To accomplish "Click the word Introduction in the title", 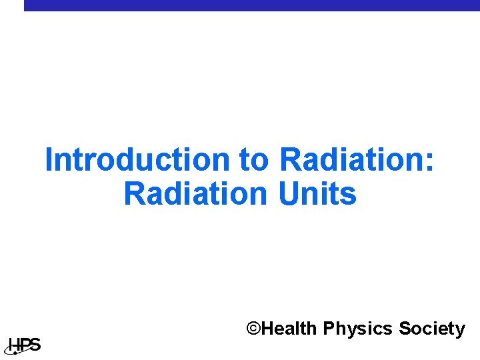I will [x=137, y=160].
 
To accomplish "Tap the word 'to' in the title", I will [x=254, y=160].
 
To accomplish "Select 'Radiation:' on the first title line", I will [x=357, y=160].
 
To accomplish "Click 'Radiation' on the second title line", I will [x=194, y=194].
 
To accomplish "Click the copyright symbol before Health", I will [x=253, y=329].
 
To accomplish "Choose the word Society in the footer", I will [x=432, y=329].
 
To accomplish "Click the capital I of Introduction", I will [x=49, y=160].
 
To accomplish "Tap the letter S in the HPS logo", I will [x=35, y=345].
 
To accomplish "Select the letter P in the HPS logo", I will [x=24, y=345].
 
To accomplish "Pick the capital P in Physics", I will [x=329, y=329].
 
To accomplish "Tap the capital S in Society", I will [x=405, y=329].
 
